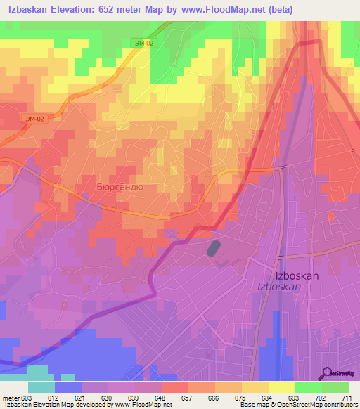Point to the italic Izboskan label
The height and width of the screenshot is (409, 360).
tap(281, 287)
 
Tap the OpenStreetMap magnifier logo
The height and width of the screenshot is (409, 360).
tap(328, 374)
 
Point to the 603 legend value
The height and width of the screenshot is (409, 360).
tap(26, 397)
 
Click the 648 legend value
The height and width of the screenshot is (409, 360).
tap(160, 397)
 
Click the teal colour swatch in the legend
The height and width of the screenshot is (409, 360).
tap(41, 387)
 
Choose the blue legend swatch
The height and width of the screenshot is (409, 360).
tap(67, 387)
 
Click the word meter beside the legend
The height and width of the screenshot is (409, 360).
tap(10, 397)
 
